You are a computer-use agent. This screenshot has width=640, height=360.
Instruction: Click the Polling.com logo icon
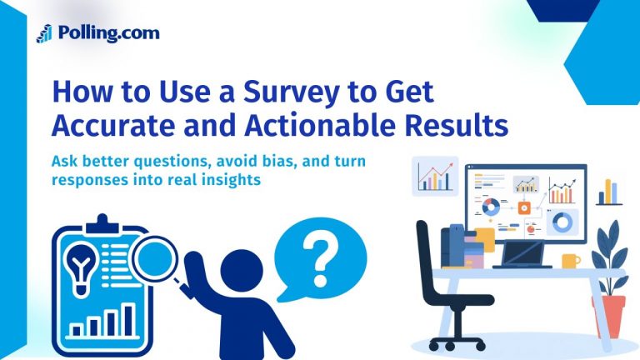tap(44, 33)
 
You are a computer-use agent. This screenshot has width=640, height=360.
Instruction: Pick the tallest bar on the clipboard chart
tap(129, 317)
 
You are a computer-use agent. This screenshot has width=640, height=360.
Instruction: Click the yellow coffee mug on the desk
tap(570, 261)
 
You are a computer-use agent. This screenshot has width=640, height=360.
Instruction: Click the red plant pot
tap(612, 317)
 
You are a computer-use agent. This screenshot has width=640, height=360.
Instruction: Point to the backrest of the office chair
tap(432, 250)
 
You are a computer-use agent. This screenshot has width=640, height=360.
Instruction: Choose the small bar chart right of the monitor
tap(609, 192)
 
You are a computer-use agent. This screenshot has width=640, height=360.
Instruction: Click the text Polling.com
tap(108, 33)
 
